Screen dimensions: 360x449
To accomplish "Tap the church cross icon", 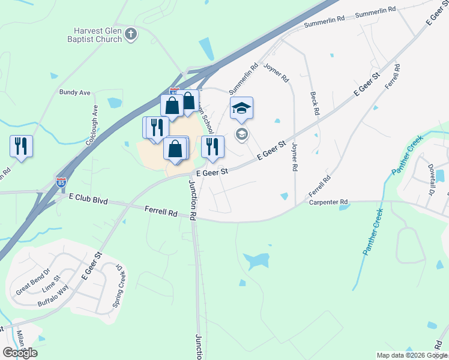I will click(x=131, y=35).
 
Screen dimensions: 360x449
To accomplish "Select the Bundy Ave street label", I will click(x=74, y=92).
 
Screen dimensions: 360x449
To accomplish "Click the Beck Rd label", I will click(x=313, y=103).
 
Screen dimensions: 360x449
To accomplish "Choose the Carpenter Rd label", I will click(x=328, y=202).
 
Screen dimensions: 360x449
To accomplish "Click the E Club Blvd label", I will click(x=88, y=198).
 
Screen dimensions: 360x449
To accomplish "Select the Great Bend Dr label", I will click(x=32, y=284).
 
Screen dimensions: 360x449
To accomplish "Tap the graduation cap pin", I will click(x=241, y=108).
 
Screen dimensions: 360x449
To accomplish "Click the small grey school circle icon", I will click(x=241, y=134).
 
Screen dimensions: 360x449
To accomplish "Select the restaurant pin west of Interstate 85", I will click(x=21, y=146).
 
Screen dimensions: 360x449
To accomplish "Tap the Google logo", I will click(x=20, y=352).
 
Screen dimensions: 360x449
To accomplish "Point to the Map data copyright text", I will click(x=412, y=355).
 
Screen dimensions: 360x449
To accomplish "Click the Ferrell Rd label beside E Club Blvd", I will click(x=161, y=211).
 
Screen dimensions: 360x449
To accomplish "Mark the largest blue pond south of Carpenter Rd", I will click(x=256, y=260).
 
